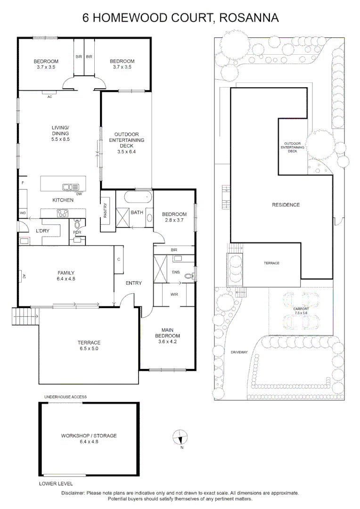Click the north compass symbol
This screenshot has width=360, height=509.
pos(180,436)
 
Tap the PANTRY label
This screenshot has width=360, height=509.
pos(105,210)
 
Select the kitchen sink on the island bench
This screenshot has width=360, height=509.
pos(71,187)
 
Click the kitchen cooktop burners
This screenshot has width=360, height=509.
pos(63,213)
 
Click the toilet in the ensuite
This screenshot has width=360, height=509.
pos(189,276)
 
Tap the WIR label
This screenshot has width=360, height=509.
pos(174,295)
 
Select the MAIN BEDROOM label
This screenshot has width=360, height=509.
pos(167,333)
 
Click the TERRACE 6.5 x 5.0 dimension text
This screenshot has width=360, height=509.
pos(89,348)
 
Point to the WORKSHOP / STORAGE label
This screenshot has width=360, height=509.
pos(89,435)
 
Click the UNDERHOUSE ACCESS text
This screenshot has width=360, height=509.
pos(65,397)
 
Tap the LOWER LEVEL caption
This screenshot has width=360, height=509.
pos(56,484)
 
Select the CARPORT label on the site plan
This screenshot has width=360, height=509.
pos(301,309)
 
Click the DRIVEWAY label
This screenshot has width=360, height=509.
pos(239,352)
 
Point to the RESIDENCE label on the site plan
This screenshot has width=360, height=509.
pos(286,205)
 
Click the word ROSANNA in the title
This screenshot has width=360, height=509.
pos(249,17)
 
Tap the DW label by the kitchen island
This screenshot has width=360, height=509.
pos(79,194)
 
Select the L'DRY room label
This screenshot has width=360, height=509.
pos(42,231)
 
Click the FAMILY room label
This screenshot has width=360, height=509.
pos(66,273)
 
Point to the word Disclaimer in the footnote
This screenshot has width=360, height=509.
pos(73,493)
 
